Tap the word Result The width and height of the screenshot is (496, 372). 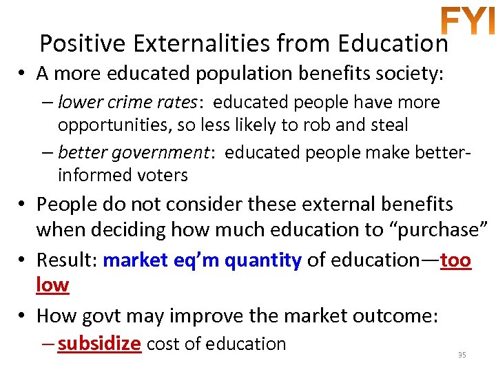(x=65, y=260)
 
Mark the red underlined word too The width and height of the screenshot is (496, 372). (x=455, y=260)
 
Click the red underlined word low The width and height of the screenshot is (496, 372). (x=52, y=285)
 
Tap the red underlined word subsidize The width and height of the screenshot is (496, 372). (x=99, y=343)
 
